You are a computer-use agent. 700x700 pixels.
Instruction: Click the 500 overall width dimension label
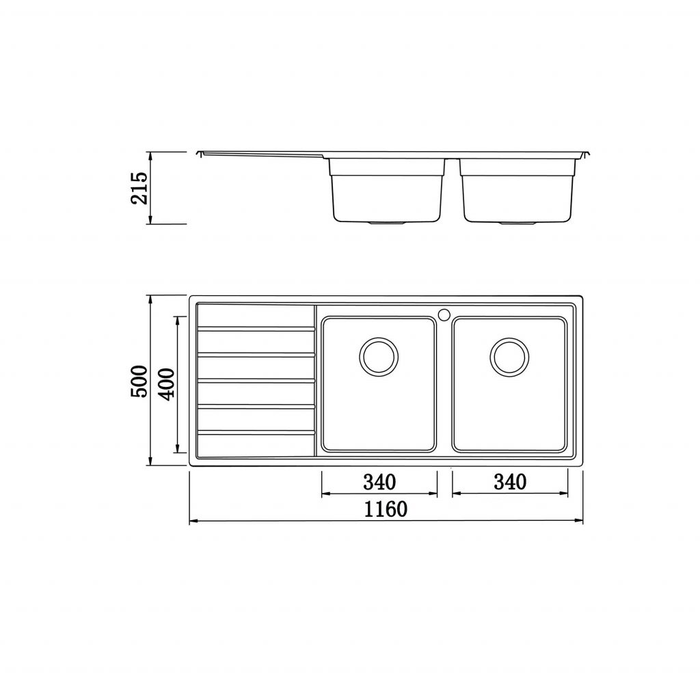point(139,381)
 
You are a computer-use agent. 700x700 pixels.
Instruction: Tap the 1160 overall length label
point(386,509)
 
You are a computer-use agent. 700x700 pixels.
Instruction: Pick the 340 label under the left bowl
point(379,483)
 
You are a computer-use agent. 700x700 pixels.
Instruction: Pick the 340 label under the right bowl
point(509,483)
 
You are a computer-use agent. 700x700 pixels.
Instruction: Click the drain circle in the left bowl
point(378,355)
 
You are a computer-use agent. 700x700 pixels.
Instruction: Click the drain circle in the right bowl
point(508,355)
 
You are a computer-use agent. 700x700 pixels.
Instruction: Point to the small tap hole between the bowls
point(444,315)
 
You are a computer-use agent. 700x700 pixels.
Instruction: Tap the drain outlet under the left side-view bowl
point(387,223)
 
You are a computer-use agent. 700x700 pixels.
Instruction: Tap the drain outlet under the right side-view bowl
point(517,223)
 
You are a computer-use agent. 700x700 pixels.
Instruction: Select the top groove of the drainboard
point(256,329)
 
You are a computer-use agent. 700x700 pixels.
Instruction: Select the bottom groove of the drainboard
point(256,431)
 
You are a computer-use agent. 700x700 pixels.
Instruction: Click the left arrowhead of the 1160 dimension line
point(191,522)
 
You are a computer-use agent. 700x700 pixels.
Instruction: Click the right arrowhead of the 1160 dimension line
point(580,522)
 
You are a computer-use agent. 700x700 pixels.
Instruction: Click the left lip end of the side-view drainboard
point(199,154)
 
